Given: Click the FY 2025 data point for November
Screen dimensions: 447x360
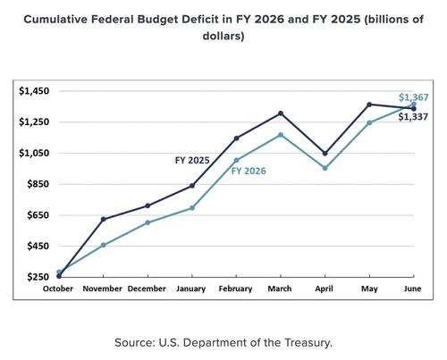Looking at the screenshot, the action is coord(104,219).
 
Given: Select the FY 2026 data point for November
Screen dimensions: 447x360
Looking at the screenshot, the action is coord(104,245).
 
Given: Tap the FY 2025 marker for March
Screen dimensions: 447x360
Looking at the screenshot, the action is coord(281,113).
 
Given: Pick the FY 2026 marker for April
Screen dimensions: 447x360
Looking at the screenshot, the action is coord(325,168).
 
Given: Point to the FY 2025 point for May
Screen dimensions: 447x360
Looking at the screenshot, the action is coord(369,105).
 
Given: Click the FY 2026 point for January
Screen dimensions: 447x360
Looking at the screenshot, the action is coord(192,208).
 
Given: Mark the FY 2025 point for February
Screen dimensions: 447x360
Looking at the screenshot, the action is coord(237,138).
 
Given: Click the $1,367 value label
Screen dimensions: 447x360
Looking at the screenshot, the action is coord(414,97).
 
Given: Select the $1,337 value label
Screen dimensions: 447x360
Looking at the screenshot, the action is coord(413,117).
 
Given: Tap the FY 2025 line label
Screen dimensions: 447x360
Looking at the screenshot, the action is coord(192,161).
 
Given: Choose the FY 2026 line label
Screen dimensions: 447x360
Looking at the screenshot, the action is coord(249,171).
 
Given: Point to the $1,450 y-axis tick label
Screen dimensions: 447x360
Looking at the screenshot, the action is coord(34,91).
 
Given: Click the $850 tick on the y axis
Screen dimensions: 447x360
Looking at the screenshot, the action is coord(38,184).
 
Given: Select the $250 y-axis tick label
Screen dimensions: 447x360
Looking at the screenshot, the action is coord(38,277).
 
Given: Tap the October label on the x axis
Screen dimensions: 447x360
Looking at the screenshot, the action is coord(58,289).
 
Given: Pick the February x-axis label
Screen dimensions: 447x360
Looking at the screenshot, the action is coord(235,289).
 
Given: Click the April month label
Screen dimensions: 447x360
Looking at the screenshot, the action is coord(324,289).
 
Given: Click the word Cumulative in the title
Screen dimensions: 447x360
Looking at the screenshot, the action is coord(55,20).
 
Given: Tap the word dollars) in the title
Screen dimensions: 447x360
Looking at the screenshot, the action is coord(223,36).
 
